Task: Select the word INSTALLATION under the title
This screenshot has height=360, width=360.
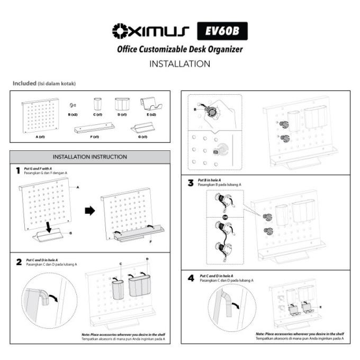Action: pyautogui.click(x=180, y=64)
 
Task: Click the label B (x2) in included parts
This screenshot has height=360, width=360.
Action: pyautogui.click(x=73, y=114)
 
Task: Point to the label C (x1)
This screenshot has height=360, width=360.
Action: pyautogui.click(x=97, y=114)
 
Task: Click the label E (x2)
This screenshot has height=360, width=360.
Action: pyautogui.click(x=151, y=114)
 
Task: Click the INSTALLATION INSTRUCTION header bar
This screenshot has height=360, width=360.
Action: pyautogui.click(x=90, y=157)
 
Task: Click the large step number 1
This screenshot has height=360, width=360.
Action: pyautogui.click(x=17, y=170)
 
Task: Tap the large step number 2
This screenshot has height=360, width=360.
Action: pyautogui.click(x=19, y=261)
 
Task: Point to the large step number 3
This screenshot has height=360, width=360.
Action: pyautogui.click(x=191, y=183)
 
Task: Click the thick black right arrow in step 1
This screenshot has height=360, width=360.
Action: pyautogui.click(x=90, y=210)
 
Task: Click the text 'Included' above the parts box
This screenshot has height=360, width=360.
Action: pyautogui.click(x=23, y=84)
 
